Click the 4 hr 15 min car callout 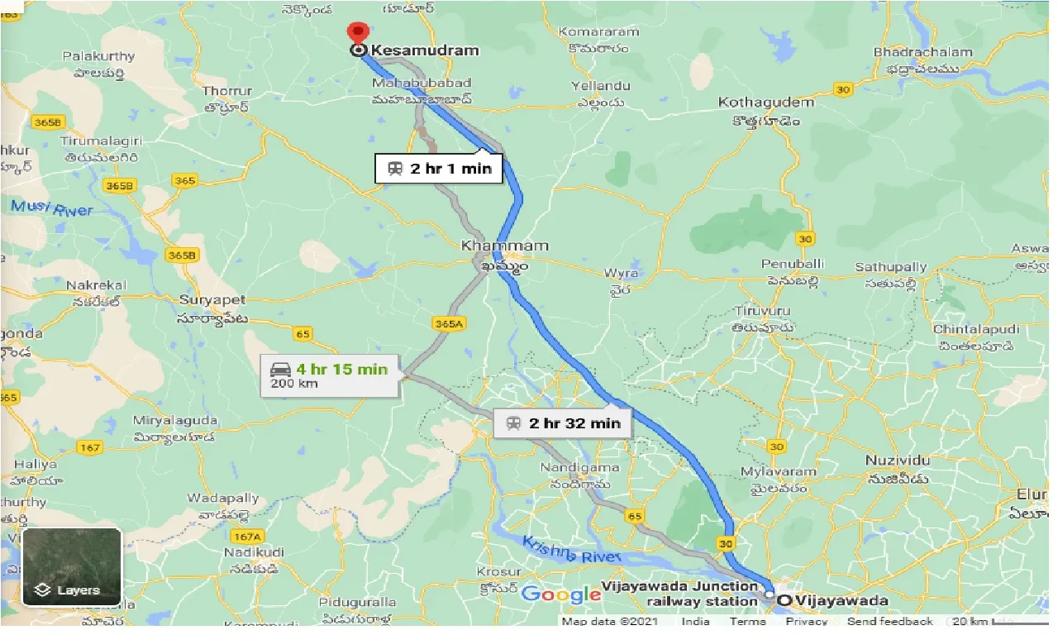tap(330, 375)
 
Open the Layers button tap(72, 567)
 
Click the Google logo tap(560, 594)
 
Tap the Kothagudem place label tap(766, 103)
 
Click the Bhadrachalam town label tap(922, 52)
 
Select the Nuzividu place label tap(897, 460)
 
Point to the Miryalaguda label tap(175, 420)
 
